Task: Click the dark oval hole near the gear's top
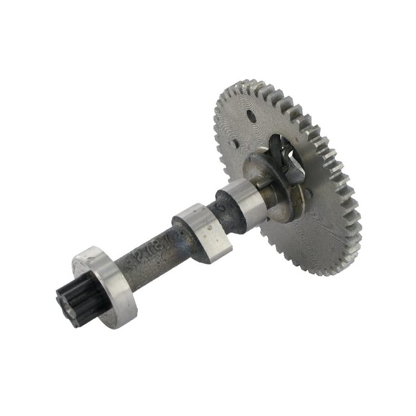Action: (x=251, y=115)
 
